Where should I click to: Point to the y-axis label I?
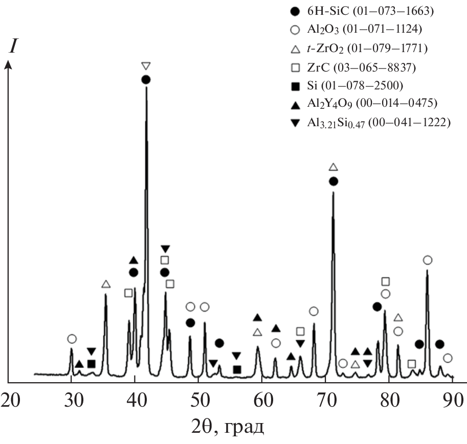pos(14,47)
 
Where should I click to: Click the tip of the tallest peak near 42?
pos(146,88)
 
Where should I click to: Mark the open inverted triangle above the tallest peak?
pos(146,66)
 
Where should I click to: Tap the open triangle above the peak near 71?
pos(333,167)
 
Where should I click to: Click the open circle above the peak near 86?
pos(428,261)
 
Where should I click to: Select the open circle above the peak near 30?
pos(72,339)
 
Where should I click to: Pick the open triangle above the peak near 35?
pos(106,284)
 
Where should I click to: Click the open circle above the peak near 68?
pos(314,311)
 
